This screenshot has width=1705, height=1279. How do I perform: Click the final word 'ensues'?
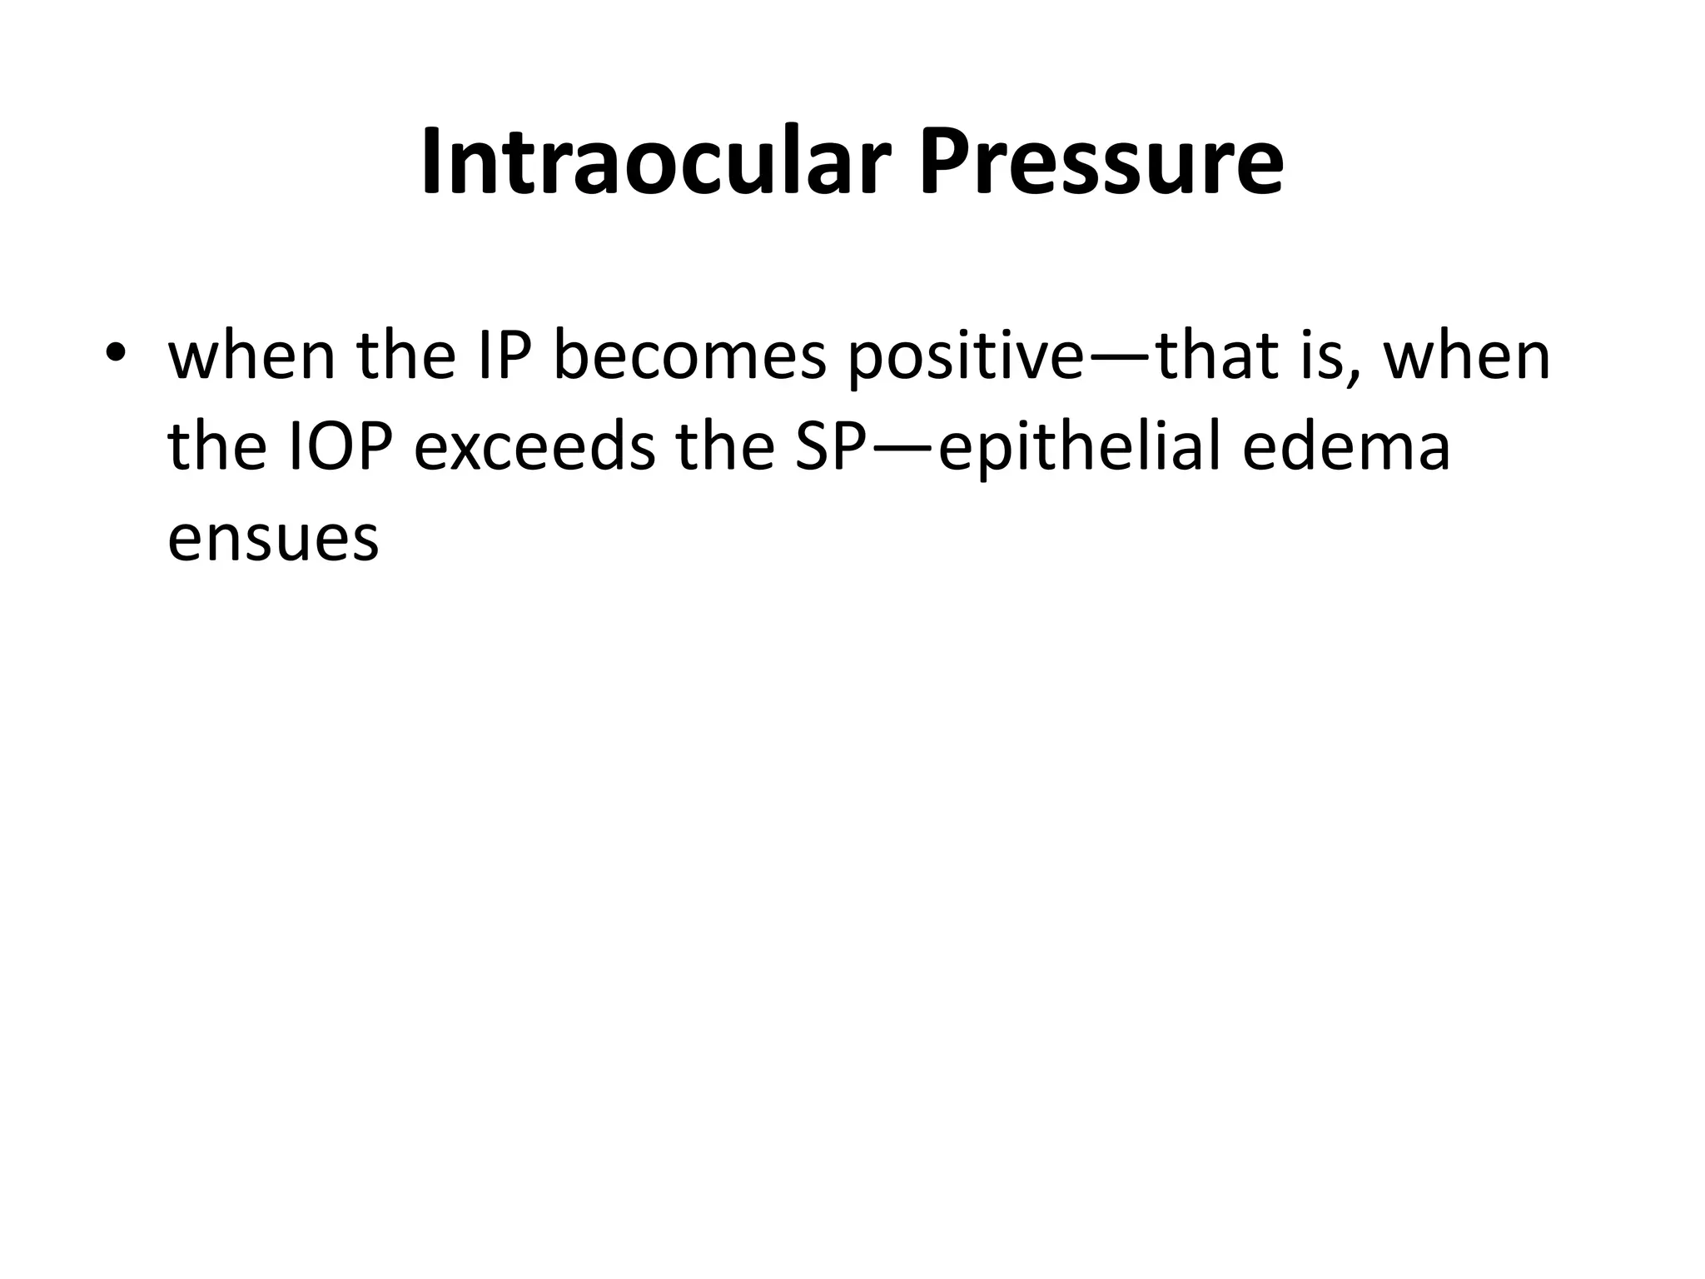[273, 539]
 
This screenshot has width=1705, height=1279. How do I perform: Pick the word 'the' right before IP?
[405, 356]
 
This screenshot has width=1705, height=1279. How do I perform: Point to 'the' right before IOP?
[216, 447]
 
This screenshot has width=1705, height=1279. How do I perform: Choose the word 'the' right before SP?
[725, 447]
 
